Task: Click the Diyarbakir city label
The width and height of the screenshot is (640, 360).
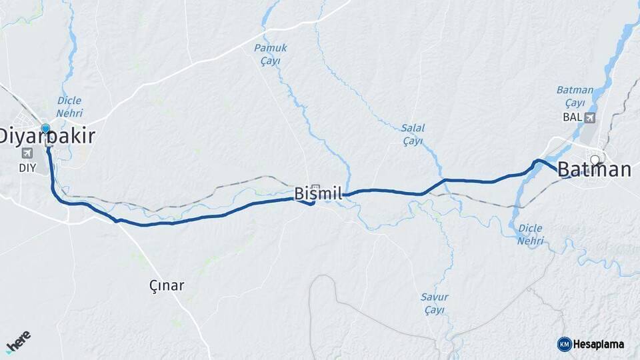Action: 47,137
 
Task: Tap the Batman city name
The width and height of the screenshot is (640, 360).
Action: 593,170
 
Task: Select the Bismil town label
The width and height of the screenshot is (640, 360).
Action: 318,194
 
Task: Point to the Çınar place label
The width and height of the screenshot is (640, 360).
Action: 167,286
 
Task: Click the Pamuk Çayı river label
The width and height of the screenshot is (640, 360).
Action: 271,54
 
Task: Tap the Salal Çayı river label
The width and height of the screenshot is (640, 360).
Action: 413,134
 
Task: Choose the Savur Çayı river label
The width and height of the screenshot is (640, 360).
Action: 434,303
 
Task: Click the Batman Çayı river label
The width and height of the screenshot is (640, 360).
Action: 575,97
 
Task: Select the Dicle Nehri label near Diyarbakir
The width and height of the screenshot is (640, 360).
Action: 69,107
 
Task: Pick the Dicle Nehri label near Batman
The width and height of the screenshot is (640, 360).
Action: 530,234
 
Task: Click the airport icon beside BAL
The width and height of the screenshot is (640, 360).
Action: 589,118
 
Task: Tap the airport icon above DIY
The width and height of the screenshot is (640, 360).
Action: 27,153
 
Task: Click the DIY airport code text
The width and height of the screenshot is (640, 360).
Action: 27,167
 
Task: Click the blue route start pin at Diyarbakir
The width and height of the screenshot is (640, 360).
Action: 45,129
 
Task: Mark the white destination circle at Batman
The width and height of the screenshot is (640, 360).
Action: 595,160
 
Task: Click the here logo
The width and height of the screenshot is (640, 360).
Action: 18,341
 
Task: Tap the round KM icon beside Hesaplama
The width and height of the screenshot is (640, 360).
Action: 564,344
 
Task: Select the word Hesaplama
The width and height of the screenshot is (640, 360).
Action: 599,345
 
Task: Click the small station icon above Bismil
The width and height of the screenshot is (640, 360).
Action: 317,189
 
